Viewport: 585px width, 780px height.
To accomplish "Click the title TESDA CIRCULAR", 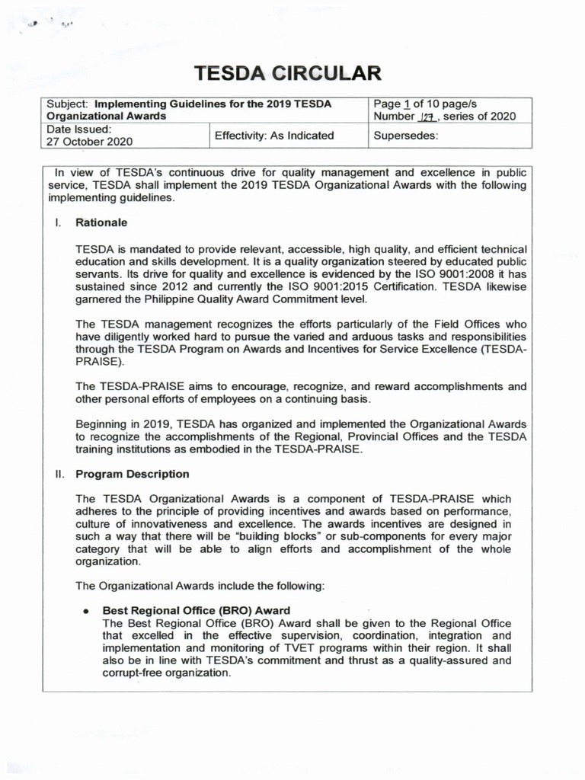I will click(286, 73).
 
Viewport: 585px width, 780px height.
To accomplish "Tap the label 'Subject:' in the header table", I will click(67, 104).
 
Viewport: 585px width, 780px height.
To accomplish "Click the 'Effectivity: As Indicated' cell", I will click(274, 136).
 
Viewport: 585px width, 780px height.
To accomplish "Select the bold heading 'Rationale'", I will click(101, 223).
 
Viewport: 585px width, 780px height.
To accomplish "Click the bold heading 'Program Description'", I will click(132, 474).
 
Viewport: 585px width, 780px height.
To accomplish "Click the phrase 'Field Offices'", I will click(454, 324).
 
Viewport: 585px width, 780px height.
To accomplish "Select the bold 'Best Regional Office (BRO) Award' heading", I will click(197, 610).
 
